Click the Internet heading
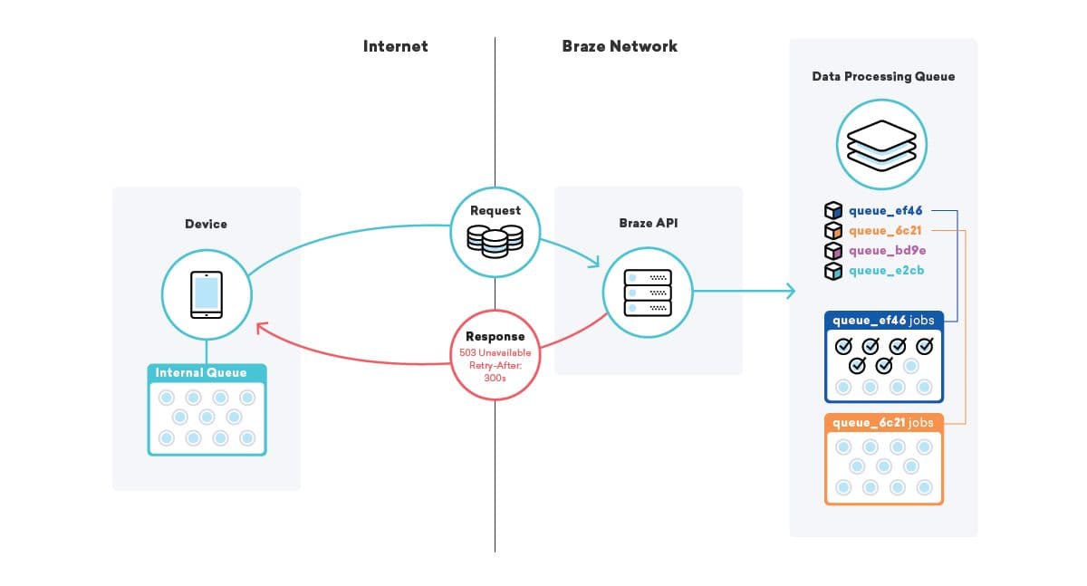click(x=395, y=46)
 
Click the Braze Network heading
click(x=620, y=46)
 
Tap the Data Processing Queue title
click(x=883, y=76)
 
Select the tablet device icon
click(x=207, y=294)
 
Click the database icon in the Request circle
click(x=495, y=240)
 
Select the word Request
click(x=495, y=210)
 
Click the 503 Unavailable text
click(x=495, y=351)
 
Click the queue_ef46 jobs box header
click(x=883, y=320)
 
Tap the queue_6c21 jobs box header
click(x=883, y=422)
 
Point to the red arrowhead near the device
click(x=261, y=327)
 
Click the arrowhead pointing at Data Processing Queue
click(x=791, y=291)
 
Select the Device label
click(x=206, y=224)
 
